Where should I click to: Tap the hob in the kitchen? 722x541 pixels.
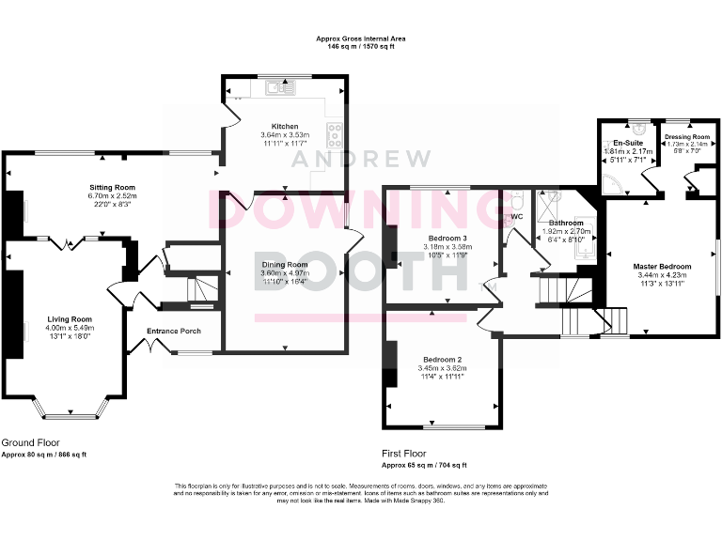click(x=334, y=131)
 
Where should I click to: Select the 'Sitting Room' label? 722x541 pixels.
click(x=112, y=187)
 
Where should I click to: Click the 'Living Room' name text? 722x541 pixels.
click(x=69, y=319)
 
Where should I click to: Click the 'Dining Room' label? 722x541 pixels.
click(x=285, y=265)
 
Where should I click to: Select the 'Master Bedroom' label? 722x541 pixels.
click(x=662, y=267)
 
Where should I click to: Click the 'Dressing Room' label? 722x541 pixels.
click(x=686, y=136)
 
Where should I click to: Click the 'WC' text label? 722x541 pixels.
click(x=515, y=218)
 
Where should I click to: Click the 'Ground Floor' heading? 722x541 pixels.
click(x=30, y=441)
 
